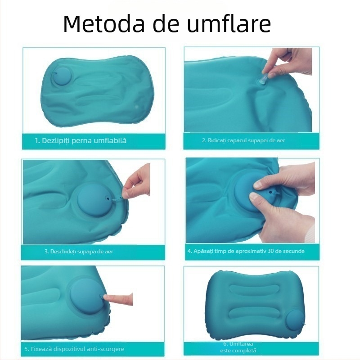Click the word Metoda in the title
pos(104,24)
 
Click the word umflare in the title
pos(229,23)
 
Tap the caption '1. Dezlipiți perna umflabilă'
pos(81,141)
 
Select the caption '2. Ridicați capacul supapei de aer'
pos(243,140)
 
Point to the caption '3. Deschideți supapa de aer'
pos(79,252)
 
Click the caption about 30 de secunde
pos(246,251)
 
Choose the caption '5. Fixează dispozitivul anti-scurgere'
pos(74,349)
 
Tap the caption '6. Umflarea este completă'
pos(238,347)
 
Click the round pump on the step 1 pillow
pos(62,77)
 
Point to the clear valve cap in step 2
pos(262,80)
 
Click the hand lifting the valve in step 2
pos(287,62)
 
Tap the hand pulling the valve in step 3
pos(136,181)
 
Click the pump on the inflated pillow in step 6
pos(295,320)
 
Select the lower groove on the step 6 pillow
pos(256,313)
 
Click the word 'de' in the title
pos(166,24)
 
